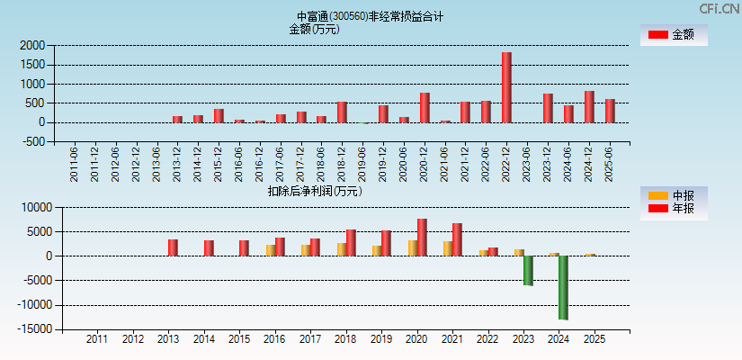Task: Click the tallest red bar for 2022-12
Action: tap(506, 87)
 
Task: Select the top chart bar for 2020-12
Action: tap(425, 107)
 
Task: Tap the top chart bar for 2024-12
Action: tap(589, 106)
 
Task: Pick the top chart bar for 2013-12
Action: tap(177, 119)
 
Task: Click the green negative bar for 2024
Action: tap(563, 287)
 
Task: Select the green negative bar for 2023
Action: tap(528, 270)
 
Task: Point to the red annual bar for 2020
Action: tap(422, 237)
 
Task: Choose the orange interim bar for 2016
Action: tap(271, 250)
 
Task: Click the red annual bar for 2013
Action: tap(173, 247)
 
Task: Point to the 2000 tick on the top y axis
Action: tap(32, 45)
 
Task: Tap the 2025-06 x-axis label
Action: tap(611, 165)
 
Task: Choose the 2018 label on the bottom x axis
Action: tap(344, 339)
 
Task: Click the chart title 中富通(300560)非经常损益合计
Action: tap(371, 16)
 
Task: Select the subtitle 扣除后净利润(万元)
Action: tap(314, 191)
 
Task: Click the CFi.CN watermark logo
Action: tap(719, 9)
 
